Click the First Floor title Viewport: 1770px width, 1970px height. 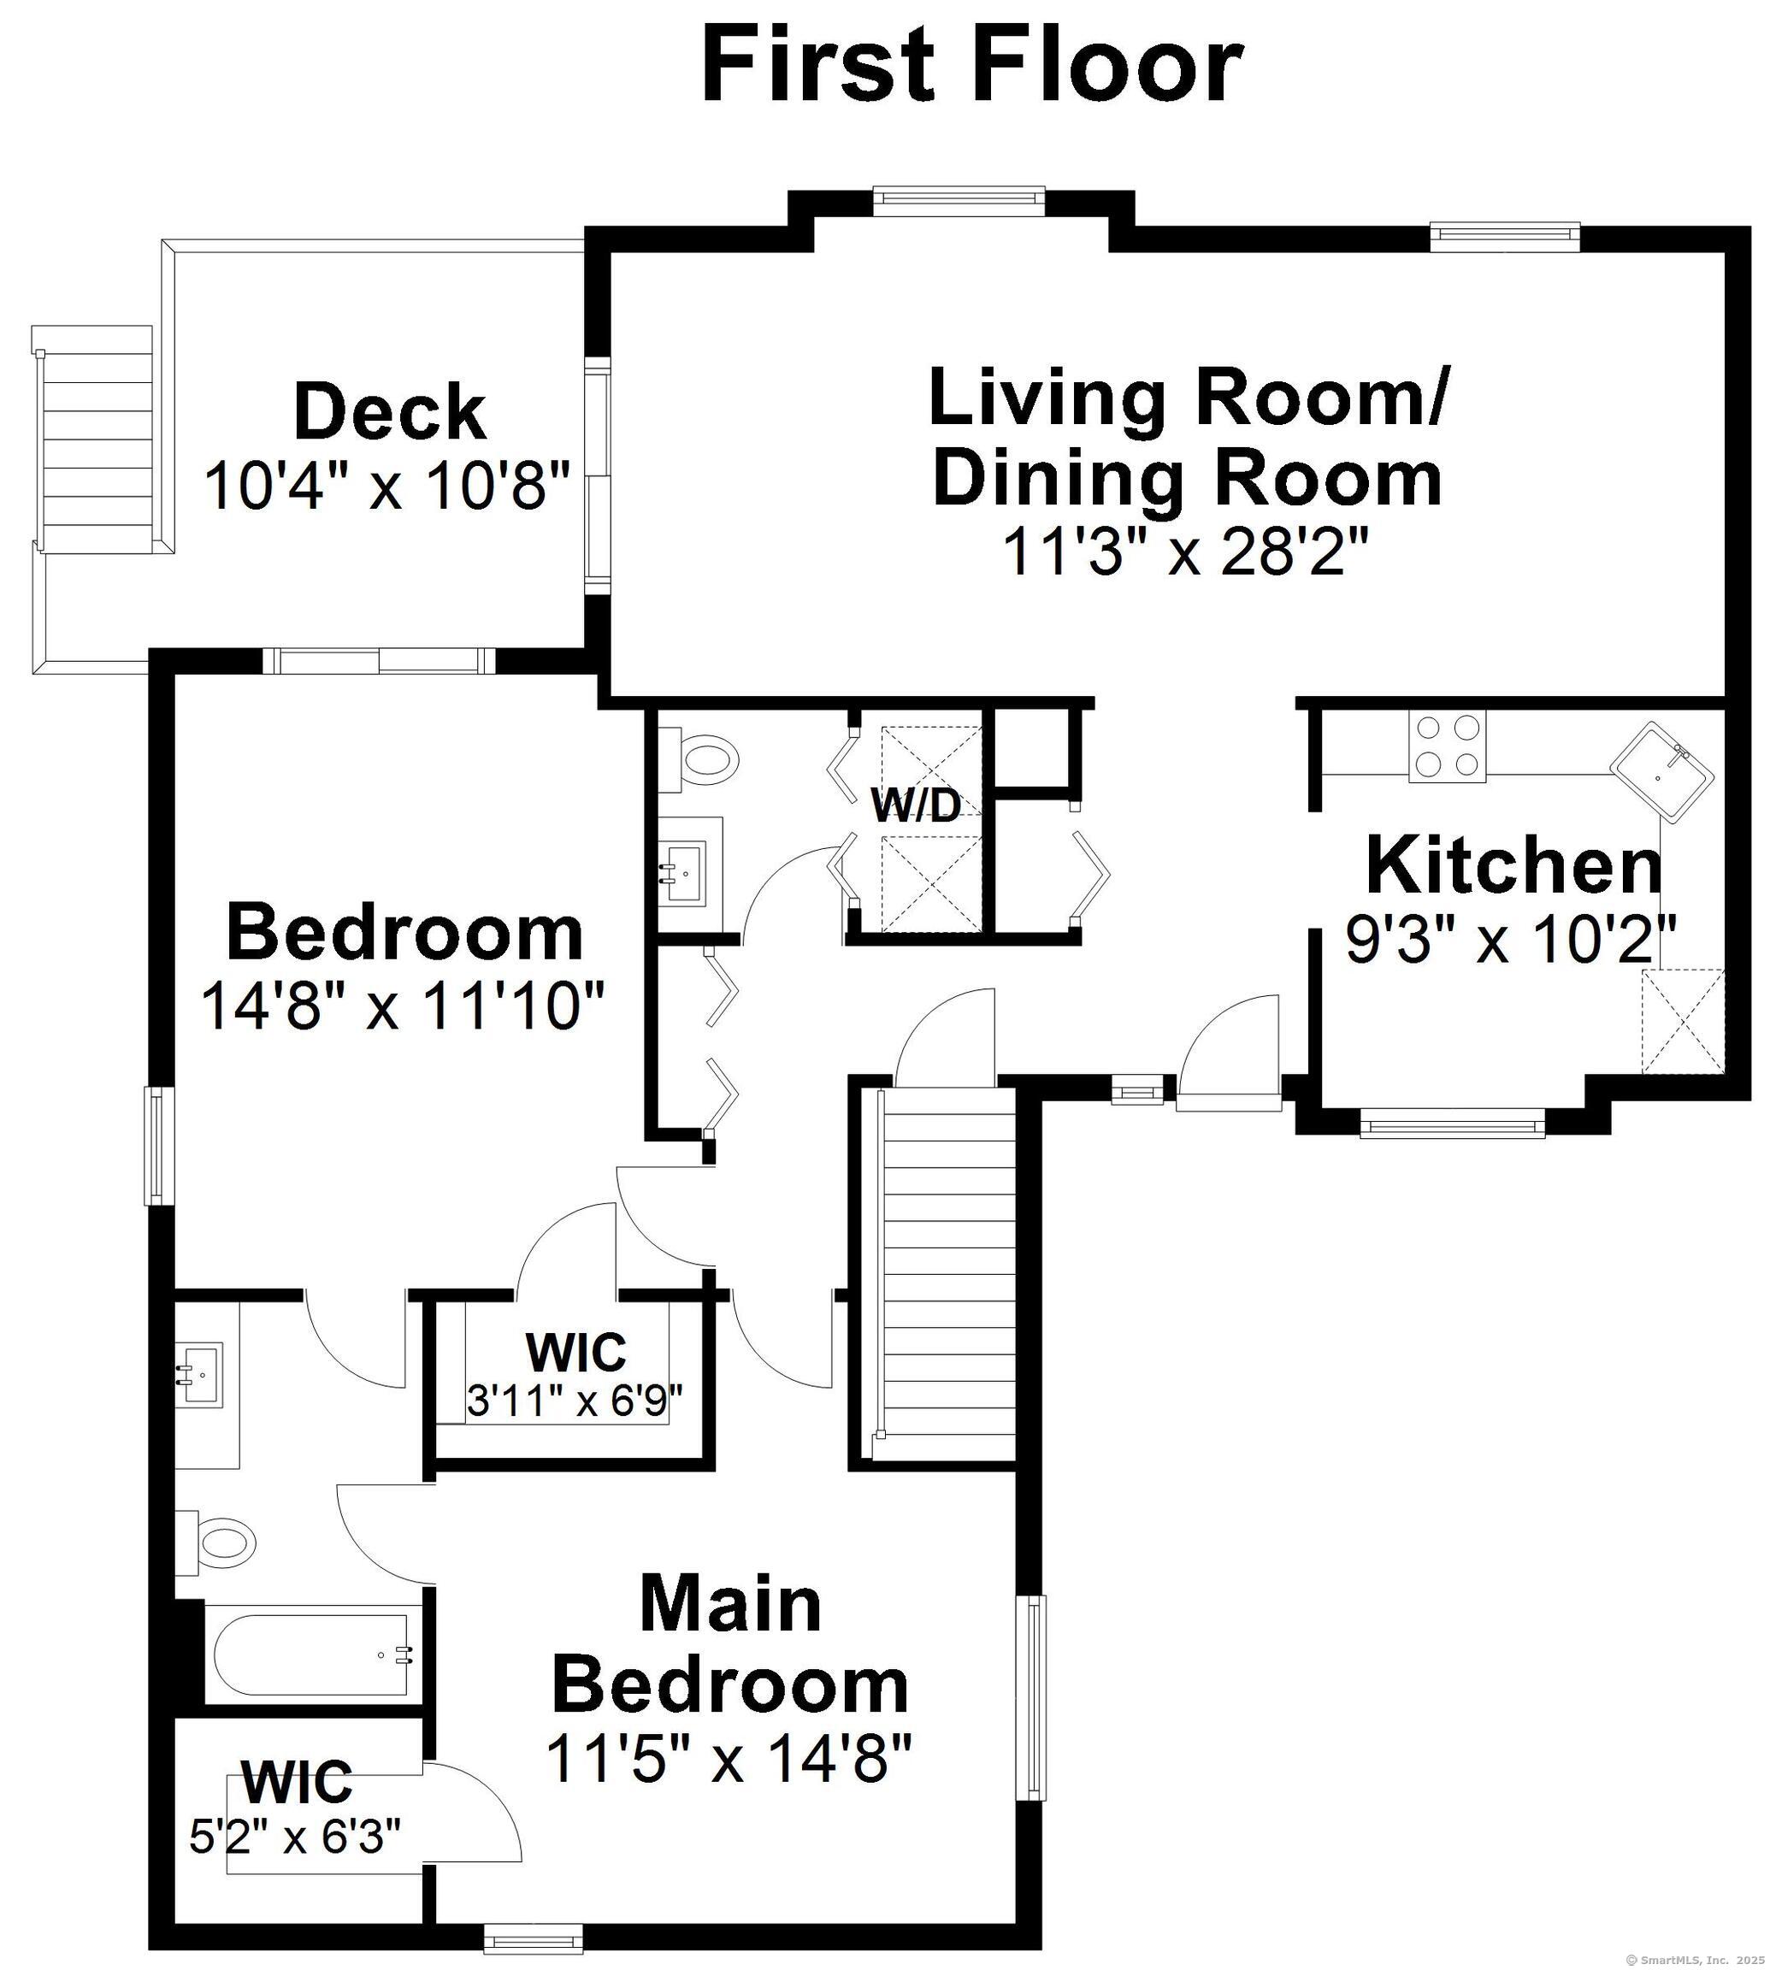(x=971, y=66)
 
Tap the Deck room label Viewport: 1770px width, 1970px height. (x=389, y=412)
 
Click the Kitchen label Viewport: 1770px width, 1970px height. (x=1514, y=865)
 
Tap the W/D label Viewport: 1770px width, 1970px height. (x=915, y=805)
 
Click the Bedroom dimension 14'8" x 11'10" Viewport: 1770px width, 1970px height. (x=404, y=1006)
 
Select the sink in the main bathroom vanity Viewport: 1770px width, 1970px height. (x=200, y=1372)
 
